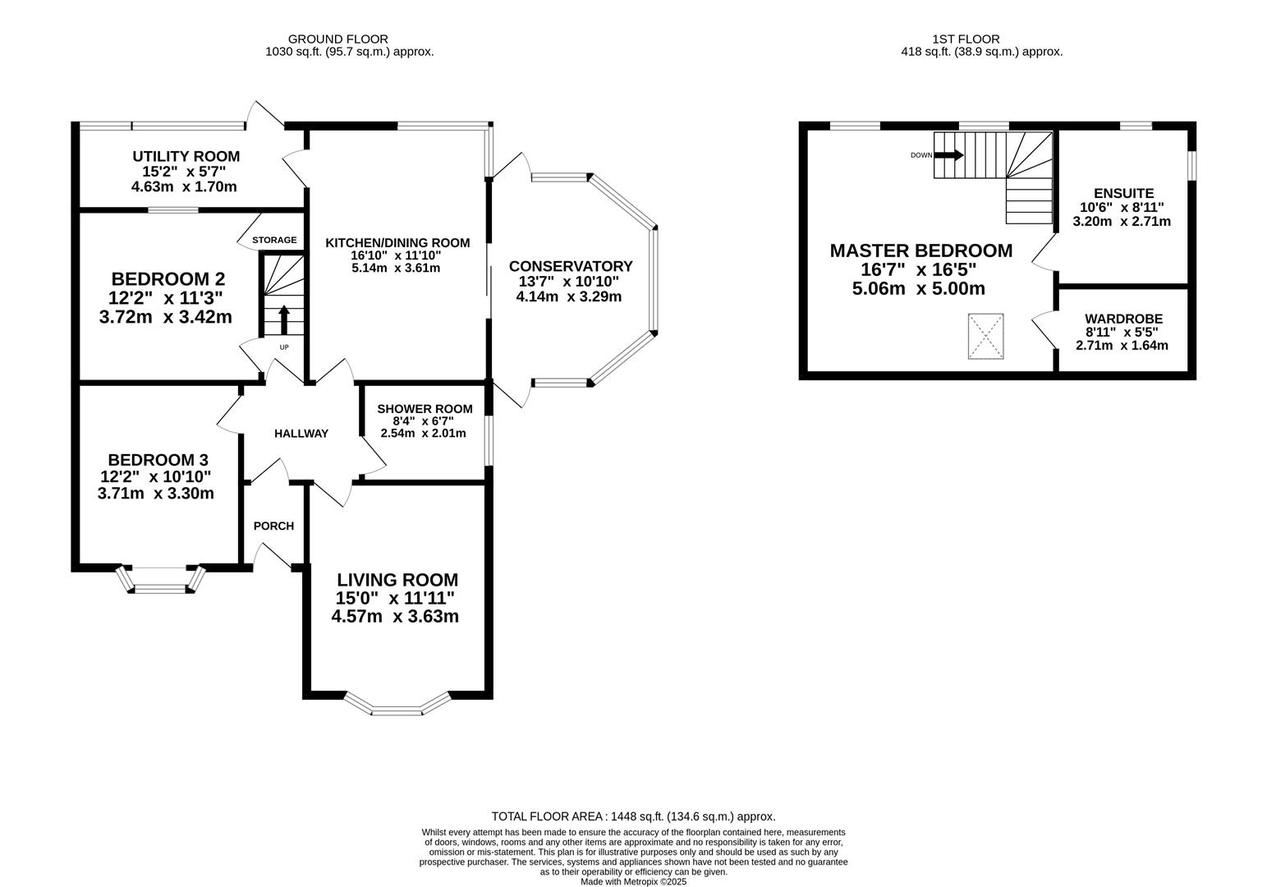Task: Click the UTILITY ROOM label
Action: (186, 156)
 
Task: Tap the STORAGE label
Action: (274, 240)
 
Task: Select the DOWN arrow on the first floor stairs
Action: (948, 154)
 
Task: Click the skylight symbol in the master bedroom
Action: (986, 337)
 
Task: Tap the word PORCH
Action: (273, 526)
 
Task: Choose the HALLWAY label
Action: (301, 434)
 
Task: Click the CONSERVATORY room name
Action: (571, 266)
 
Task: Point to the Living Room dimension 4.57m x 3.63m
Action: (395, 617)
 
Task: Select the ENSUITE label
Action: (1124, 193)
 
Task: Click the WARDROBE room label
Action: (1124, 319)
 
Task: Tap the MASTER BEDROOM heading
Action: (920, 250)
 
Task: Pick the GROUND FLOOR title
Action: (337, 39)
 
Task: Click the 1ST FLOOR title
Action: (966, 39)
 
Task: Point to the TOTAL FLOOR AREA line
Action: (634, 816)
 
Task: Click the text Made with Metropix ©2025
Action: (634, 882)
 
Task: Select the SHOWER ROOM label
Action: (425, 408)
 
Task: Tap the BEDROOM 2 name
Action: (168, 279)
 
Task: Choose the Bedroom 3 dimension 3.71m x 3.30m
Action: (155, 494)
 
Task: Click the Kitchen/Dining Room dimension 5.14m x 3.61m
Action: (396, 268)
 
